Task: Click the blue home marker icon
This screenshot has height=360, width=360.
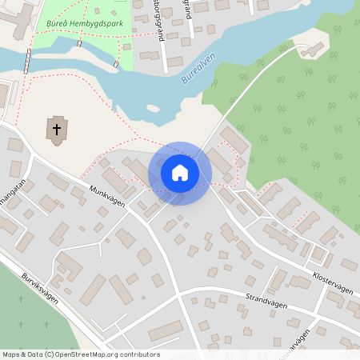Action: [x=180, y=173]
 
